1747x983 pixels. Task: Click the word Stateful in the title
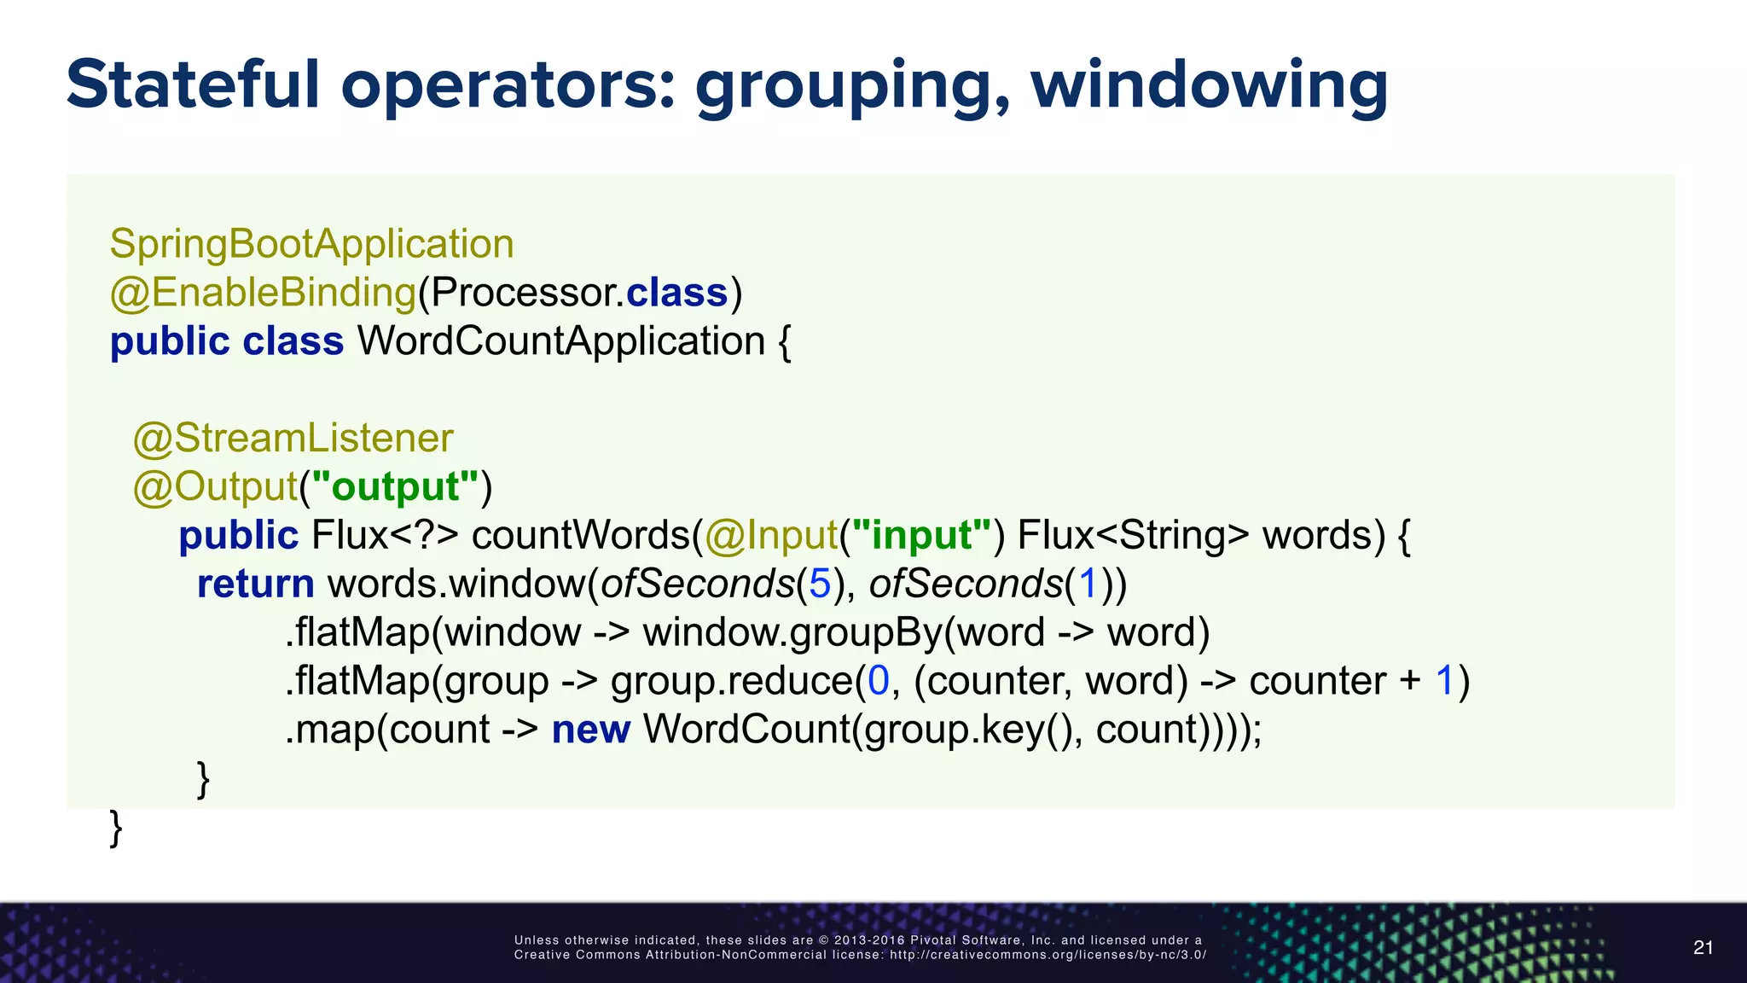click(193, 84)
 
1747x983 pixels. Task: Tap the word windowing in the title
click(1210, 86)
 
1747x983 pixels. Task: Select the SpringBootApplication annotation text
click(311, 244)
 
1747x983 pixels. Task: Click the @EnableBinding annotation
click(263, 293)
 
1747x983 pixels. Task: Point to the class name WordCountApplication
click(561, 341)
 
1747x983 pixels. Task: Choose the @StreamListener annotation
click(293, 439)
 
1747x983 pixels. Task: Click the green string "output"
click(395, 486)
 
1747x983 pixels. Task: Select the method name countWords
click(580, 535)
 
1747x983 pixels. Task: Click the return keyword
click(256, 584)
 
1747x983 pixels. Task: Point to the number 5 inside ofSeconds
click(820, 584)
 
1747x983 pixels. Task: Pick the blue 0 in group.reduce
click(879, 681)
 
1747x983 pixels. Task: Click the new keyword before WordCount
click(590, 730)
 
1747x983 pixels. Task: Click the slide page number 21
click(1703, 947)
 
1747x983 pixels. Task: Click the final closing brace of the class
click(116, 828)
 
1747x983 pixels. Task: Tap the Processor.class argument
click(578, 293)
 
